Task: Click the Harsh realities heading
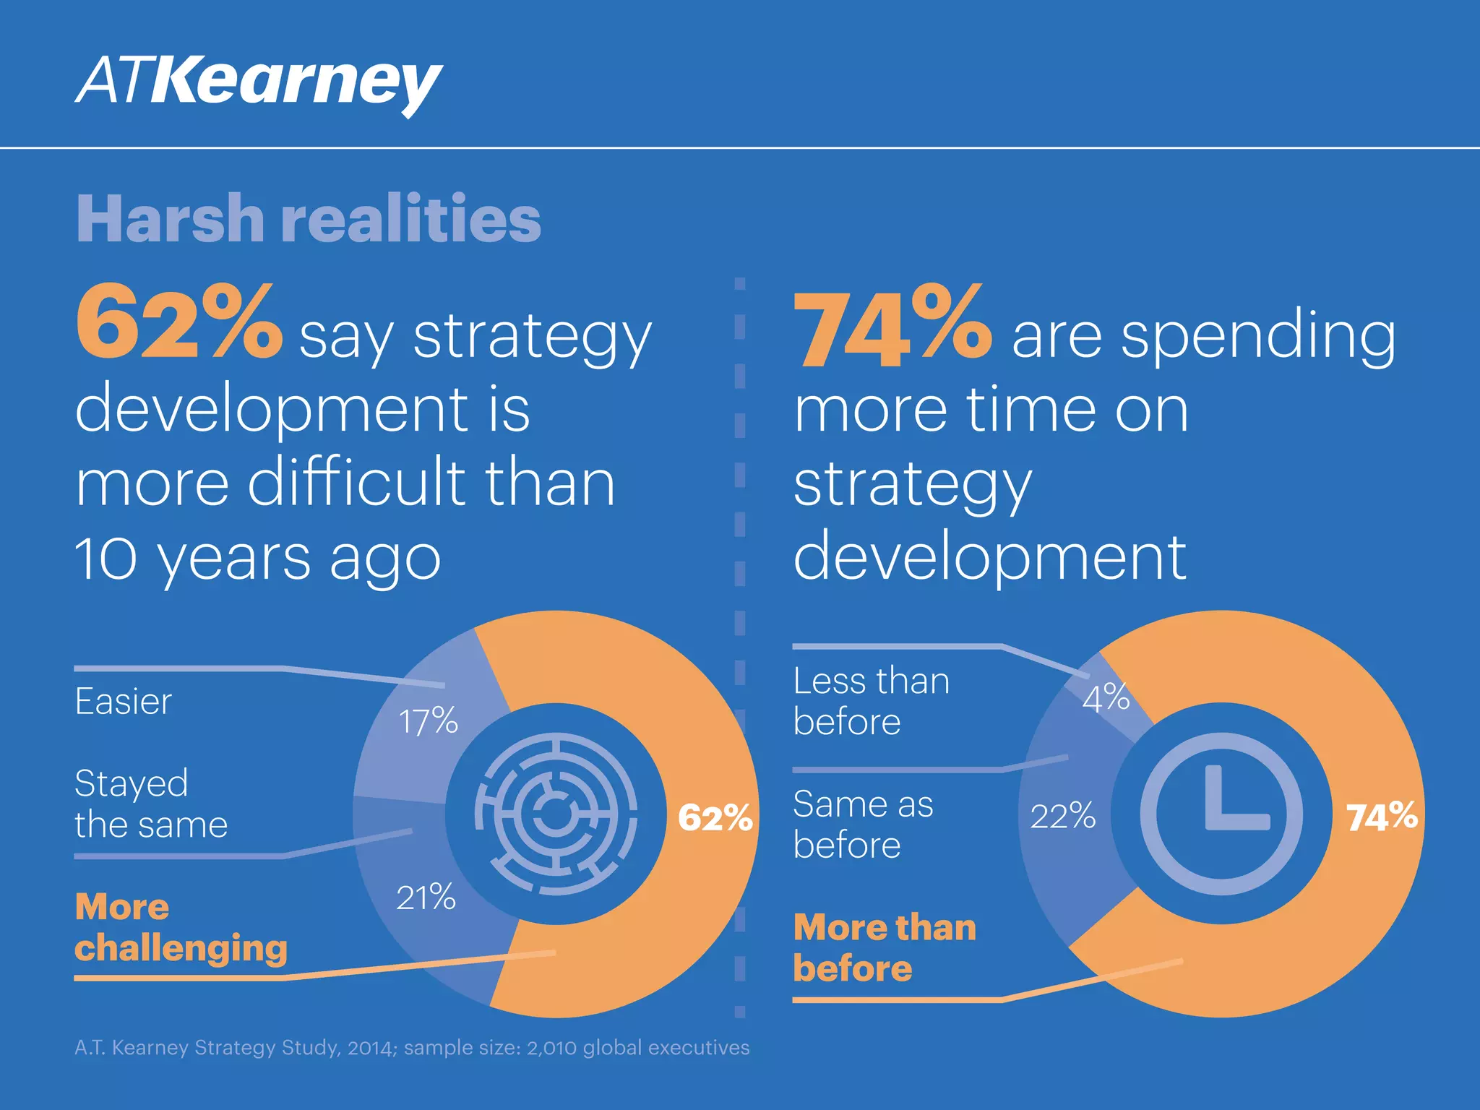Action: (309, 218)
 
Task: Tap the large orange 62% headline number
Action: (178, 322)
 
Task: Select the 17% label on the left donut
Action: (428, 721)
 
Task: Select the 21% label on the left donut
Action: (426, 898)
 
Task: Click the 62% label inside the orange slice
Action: (715, 818)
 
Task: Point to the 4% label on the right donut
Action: (1106, 698)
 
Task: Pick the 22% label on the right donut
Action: (1062, 816)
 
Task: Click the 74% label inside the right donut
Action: (1381, 817)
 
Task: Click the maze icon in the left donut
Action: (556, 814)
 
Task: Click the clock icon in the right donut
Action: (1221, 814)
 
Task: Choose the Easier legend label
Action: (124, 702)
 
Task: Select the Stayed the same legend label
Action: (150, 804)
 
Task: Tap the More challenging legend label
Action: (181, 927)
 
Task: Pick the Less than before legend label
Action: (870, 701)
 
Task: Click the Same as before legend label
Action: (863, 825)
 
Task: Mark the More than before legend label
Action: (884, 947)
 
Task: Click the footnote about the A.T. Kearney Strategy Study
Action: (412, 1048)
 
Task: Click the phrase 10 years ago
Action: (258, 559)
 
